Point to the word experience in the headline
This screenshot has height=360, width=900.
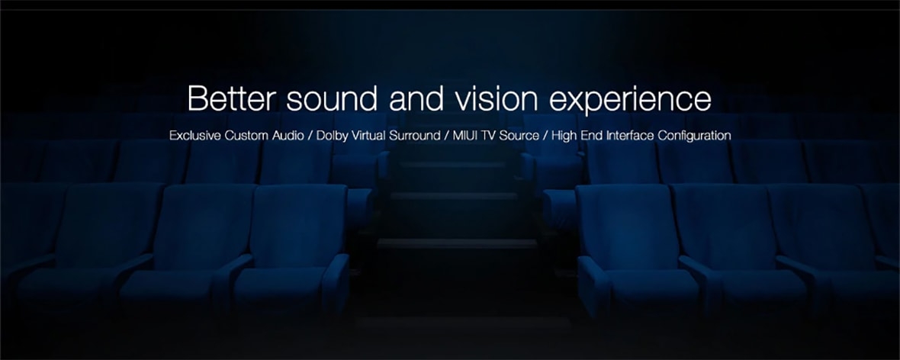(x=630, y=101)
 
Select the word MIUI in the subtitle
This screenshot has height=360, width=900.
(x=464, y=136)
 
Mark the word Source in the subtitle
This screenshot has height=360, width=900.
(x=522, y=136)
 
